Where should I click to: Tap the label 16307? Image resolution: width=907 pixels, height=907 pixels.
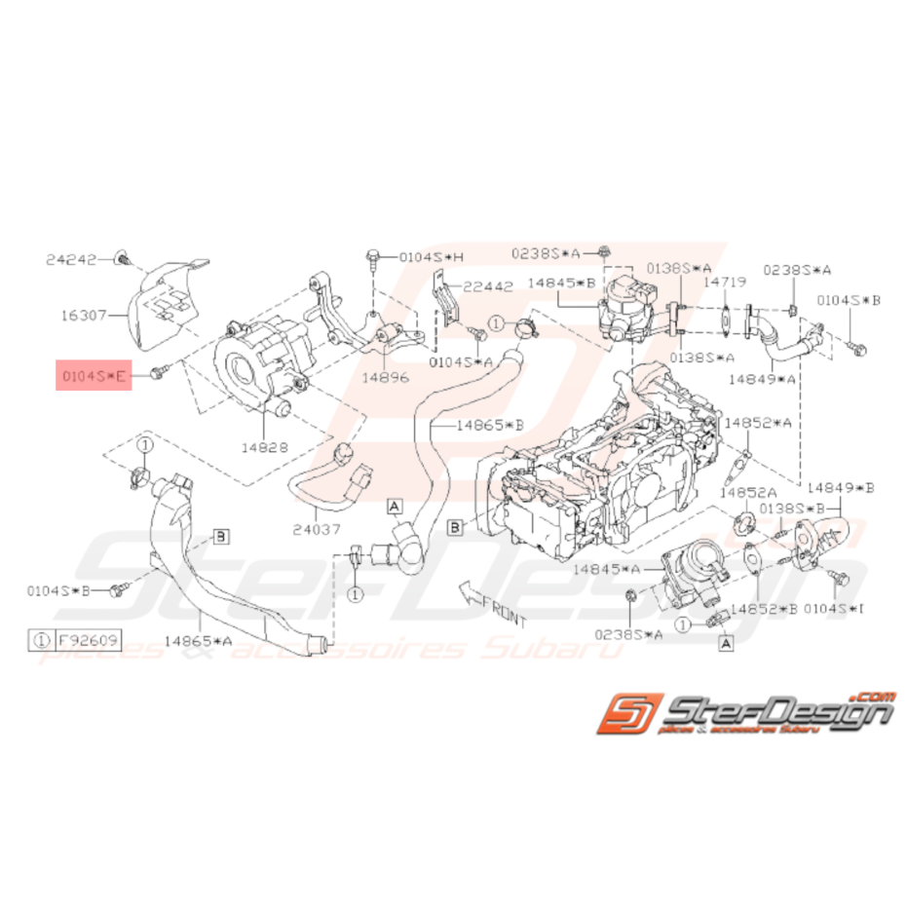click(84, 314)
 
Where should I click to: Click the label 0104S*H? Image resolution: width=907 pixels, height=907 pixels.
click(431, 256)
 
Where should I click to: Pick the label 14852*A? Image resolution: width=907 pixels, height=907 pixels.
click(760, 423)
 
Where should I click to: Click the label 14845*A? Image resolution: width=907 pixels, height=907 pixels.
click(607, 568)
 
